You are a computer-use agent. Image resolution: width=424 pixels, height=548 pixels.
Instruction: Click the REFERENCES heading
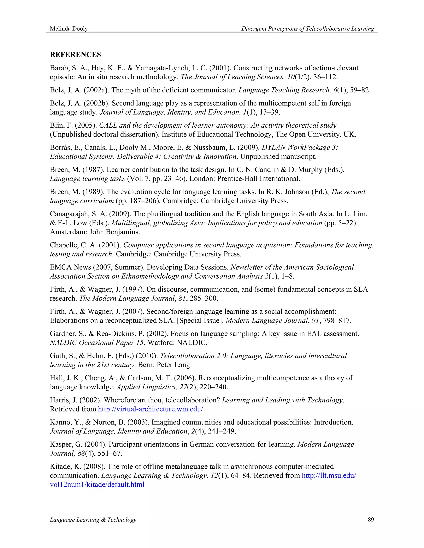coord(75,55)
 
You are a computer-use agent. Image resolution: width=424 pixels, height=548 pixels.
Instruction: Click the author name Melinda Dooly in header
coord(69,29)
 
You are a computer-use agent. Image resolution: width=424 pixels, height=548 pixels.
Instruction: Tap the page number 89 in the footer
coord(371,520)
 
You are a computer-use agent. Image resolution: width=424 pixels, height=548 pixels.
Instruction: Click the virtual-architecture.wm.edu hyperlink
coord(150,409)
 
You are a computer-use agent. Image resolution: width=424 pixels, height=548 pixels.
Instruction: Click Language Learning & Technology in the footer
coord(93,520)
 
